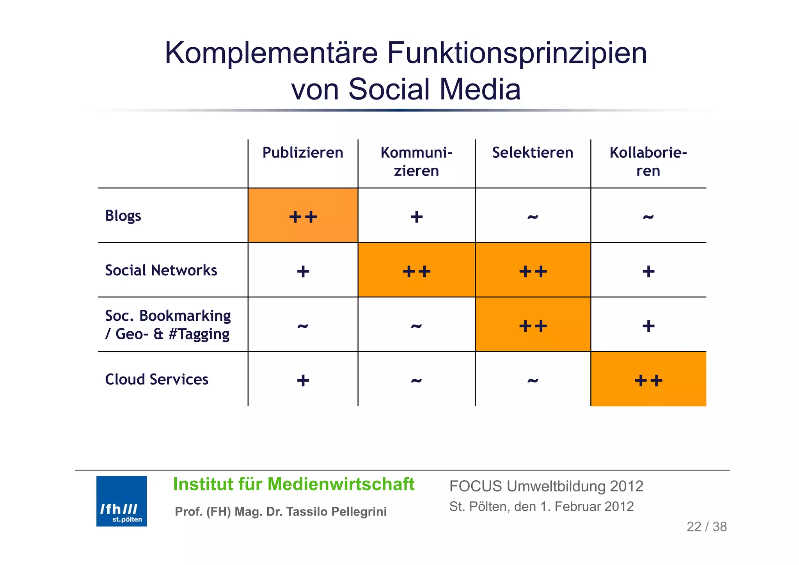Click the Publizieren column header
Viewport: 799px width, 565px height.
303,153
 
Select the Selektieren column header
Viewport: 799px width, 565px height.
533,153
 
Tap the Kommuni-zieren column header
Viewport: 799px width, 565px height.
416,162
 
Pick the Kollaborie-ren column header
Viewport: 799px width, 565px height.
648,162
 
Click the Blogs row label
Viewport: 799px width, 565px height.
123,216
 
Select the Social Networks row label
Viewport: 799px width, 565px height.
161,270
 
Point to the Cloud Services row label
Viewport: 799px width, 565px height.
156,379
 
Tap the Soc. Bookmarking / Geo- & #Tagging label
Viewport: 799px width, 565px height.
168,325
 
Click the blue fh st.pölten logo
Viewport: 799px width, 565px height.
121,501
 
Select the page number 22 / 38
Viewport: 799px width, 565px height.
707,527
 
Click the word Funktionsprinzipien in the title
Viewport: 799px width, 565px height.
517,53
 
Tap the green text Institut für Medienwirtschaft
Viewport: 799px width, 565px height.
293,484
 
